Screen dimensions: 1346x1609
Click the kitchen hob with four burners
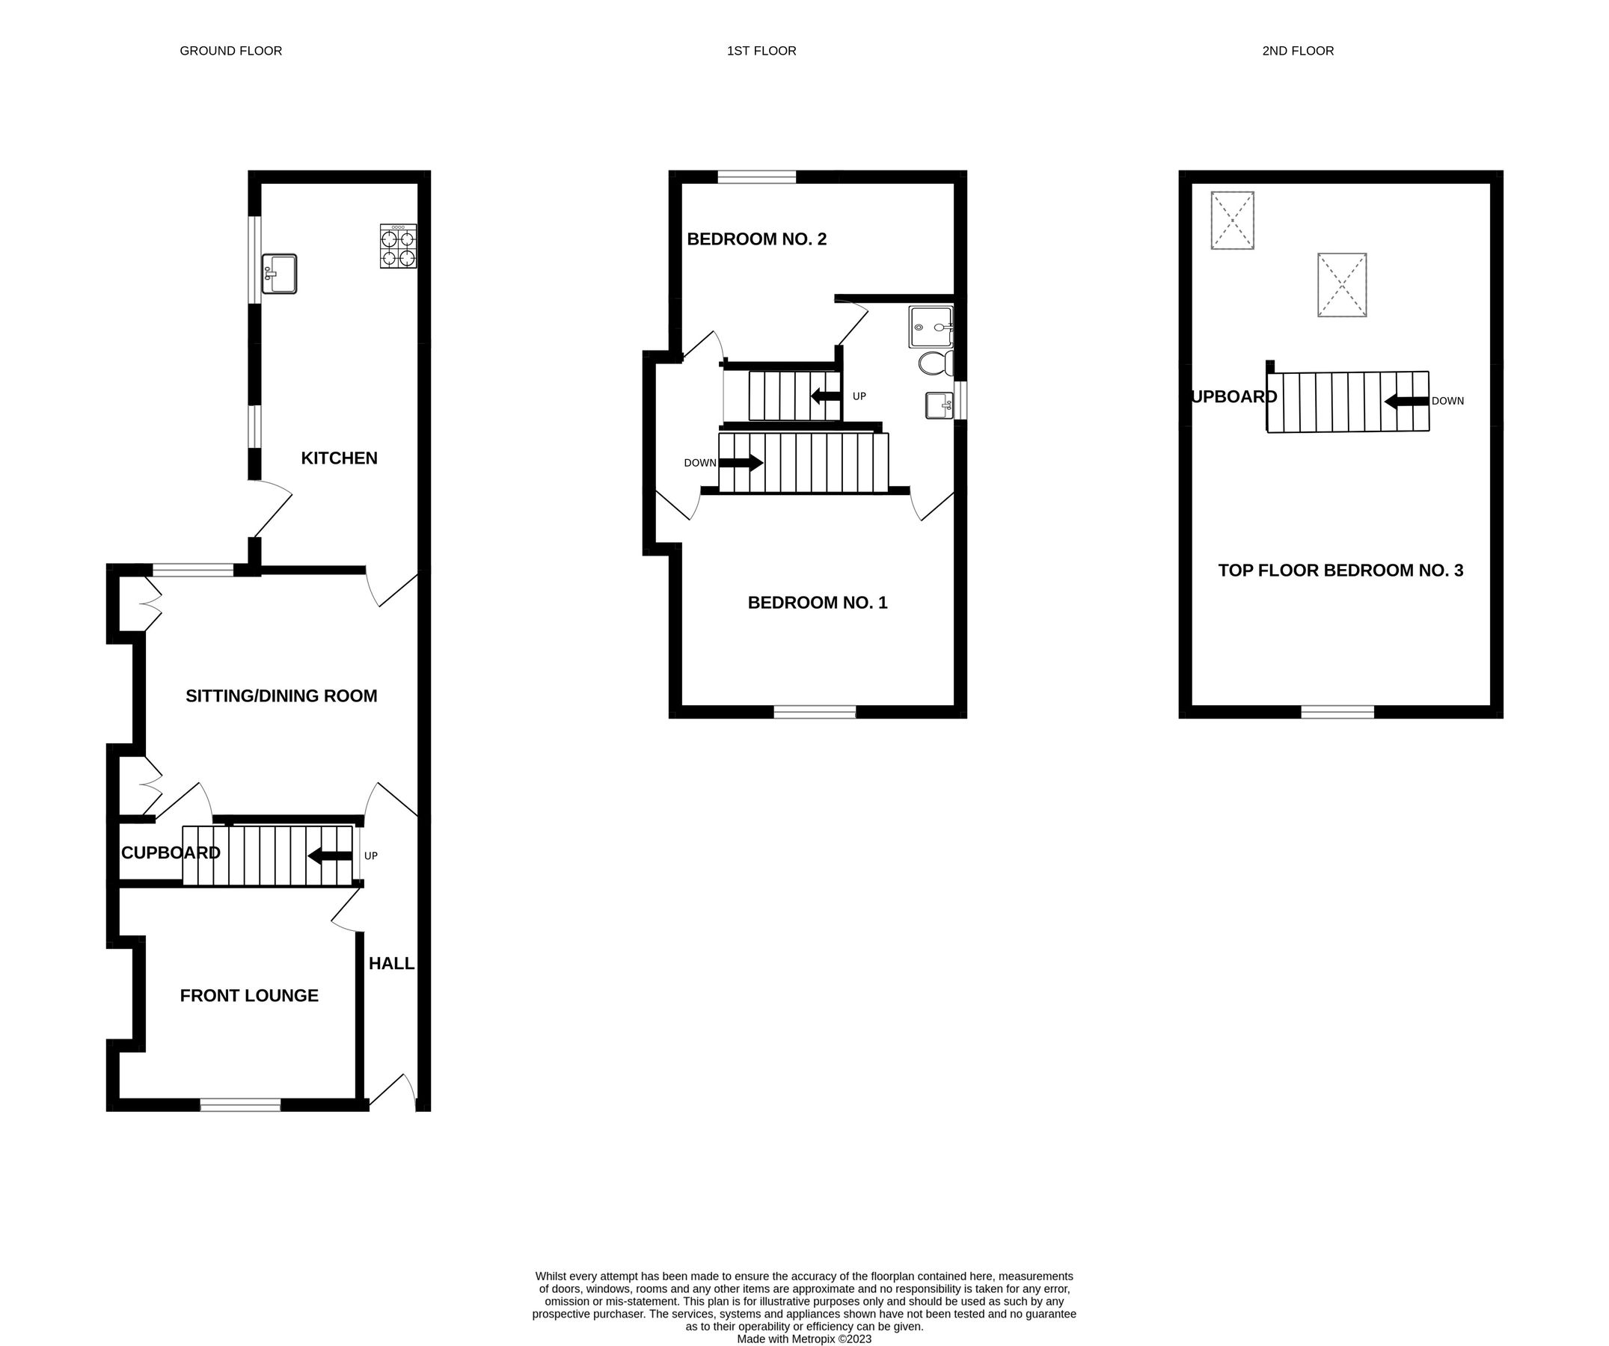point(399,246)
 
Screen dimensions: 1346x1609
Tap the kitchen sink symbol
point(279,274)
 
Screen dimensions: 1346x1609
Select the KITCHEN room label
point(339,458)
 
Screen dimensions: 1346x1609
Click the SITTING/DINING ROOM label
point(281,695)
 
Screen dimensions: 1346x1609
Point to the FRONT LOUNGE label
point(249,995)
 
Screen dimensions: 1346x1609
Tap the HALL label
point(391,963)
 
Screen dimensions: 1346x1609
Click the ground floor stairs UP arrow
point(330,855)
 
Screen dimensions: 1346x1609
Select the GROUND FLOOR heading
point(230,51)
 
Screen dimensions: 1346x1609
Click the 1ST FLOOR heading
point(761,51)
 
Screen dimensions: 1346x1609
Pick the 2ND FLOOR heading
point(1298,51)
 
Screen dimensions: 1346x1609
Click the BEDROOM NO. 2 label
point(756,239)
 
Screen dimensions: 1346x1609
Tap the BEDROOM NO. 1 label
point(817,603)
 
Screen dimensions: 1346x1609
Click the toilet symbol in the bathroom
point(936,363)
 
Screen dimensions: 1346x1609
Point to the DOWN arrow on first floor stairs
point(740,463)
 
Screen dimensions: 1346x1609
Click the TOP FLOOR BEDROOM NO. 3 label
point(1340,570)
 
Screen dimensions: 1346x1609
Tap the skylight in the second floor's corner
point(1232,221)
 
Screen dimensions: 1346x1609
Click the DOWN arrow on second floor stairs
point(1406,401)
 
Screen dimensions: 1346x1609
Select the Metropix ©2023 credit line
point(803,1339)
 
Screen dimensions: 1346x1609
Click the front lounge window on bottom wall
point(240,1104)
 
